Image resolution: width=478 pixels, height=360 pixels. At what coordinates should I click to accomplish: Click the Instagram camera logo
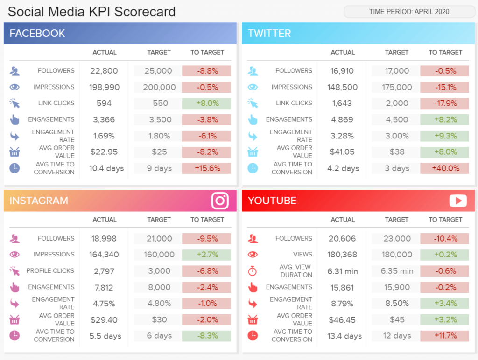coord(220,201)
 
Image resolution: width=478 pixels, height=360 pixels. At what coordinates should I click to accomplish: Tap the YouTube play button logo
coord(458,201)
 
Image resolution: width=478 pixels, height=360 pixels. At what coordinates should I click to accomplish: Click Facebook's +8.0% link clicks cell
coord(206,103)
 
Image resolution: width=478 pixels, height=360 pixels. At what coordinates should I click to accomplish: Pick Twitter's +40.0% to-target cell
coord(444,168)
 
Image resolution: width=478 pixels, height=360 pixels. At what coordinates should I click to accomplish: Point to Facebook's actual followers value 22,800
coord(104,71)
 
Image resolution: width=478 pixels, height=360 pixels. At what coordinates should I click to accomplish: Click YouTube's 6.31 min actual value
coord(343,271)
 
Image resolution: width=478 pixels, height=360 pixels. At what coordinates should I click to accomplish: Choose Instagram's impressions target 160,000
coord(159,255)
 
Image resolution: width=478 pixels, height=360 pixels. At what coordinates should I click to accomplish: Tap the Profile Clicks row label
coord(50,270)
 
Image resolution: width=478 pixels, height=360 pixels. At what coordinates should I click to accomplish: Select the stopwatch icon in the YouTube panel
coord(253,271)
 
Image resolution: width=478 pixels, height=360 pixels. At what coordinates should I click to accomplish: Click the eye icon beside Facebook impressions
coord(14,87)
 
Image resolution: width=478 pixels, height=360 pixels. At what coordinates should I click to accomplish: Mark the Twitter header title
coord(269,34)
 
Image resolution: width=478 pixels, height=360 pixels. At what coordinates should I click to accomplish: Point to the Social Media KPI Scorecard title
coord(91,12)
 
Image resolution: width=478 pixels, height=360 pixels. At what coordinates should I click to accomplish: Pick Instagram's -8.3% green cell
coord(206,336)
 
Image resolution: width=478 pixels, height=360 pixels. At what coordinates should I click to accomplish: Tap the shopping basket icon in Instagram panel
coord(14,320)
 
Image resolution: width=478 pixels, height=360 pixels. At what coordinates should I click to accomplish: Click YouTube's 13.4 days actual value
coord(344,336)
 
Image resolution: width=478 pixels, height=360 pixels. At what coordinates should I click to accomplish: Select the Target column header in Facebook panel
coord(159,52)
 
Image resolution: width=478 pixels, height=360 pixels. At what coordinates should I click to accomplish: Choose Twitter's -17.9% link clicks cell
coord(444,103)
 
